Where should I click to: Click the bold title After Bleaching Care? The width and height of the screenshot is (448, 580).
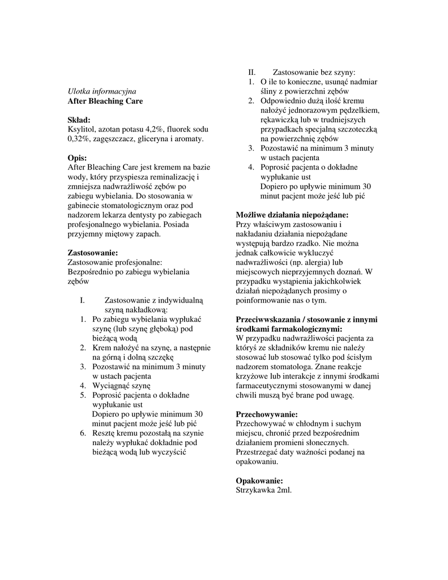click(105, 101)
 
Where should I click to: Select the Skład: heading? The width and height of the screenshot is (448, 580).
click(79, 120)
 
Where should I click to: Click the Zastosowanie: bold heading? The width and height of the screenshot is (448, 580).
click(93, 253)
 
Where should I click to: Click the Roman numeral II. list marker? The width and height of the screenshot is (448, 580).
click(252, 72)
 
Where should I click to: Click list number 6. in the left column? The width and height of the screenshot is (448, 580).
click(83, 433)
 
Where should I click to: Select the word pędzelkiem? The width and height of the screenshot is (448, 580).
click(359, 110)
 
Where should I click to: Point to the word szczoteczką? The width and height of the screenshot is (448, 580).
click(357, 129)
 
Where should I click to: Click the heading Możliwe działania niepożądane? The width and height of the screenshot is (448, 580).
click(292, 215)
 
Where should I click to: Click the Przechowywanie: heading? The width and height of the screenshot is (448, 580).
click(266, 414)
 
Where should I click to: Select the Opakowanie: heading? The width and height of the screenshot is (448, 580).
click(259, 480)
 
